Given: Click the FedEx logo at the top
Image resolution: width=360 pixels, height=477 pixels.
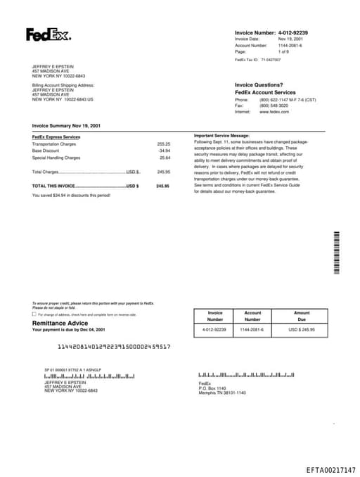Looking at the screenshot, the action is click(48, 34).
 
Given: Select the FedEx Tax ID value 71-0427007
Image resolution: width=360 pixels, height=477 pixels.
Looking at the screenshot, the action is click(271, 61).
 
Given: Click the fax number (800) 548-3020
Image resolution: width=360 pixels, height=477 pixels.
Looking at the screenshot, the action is click(274, 106).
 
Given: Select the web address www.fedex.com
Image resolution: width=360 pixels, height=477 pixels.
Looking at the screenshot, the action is click(274, 112).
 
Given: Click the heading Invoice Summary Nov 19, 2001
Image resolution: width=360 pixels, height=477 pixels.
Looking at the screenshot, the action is click(66, 125).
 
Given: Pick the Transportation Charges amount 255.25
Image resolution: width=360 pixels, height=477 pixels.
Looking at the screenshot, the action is click(163, 144).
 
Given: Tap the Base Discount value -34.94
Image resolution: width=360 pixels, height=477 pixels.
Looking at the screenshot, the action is click(164, 151).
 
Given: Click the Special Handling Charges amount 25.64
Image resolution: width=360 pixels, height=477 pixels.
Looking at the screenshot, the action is click(165, 158).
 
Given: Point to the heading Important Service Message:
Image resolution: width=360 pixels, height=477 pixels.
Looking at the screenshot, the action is click(221, 134).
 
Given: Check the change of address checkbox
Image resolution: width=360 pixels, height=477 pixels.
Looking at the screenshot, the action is click(34, 314).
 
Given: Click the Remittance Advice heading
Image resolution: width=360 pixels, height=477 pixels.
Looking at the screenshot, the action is click(60, 323).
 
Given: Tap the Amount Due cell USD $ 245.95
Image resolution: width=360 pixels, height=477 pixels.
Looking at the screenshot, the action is click(302, 329).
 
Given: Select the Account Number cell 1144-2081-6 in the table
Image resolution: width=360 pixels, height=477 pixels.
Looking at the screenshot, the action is click(252, 329).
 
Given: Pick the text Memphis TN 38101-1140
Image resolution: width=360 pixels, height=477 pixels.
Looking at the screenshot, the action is click(222, 393).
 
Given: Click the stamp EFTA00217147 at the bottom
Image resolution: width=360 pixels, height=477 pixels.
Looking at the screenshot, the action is click(330, 469).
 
